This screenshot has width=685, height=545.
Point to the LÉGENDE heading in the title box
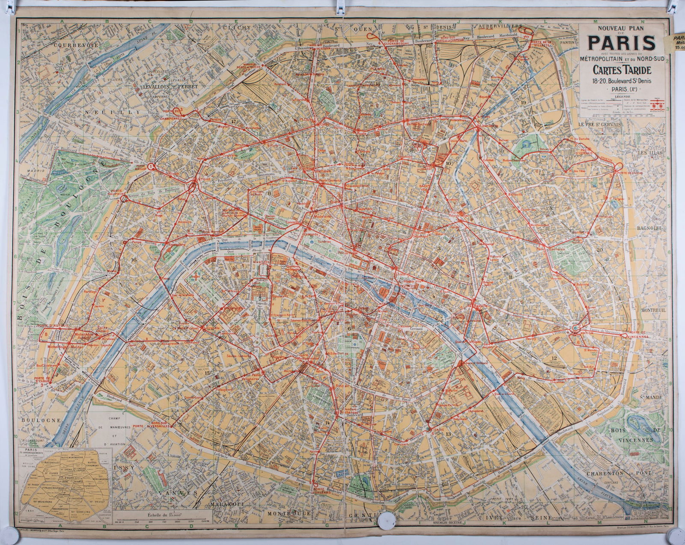[622, 97]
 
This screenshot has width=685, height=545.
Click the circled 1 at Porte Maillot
[150, 166]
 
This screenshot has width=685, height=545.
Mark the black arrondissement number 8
[269, 193]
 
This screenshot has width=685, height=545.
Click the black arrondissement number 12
[554, 358]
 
